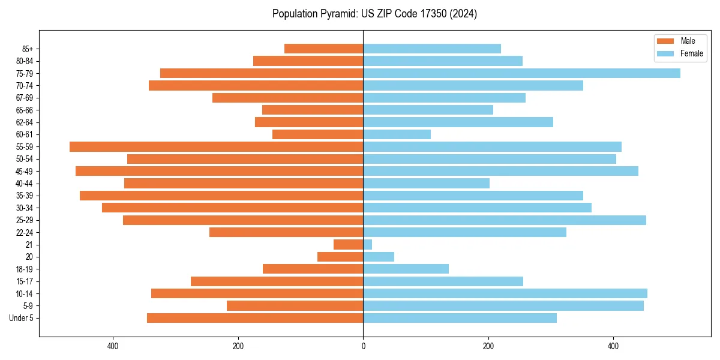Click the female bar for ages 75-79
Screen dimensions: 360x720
pos(521,73)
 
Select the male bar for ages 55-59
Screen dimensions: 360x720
pos(216,146)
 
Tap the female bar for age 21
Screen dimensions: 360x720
pos(367,244)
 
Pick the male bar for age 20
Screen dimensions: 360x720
pos(340,257)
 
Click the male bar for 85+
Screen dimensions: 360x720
pos(324,49)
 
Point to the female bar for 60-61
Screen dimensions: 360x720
pos(397,134)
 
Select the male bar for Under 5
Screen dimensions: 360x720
pos(255,318)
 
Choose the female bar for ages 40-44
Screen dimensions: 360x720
pos(426,183)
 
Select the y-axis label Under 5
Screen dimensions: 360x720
pos(22,318)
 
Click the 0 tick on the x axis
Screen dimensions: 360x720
pos(363,346)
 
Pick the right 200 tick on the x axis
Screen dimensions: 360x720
pos(488,346)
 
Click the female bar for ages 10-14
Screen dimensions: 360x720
pos(505,293)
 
